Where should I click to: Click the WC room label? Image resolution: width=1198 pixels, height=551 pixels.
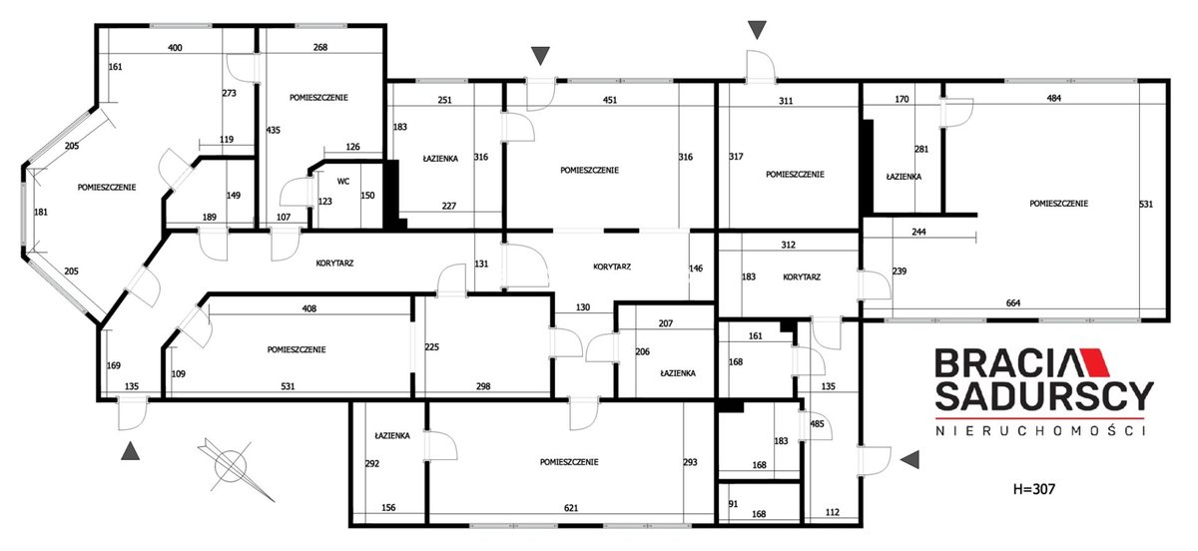tap(343, 182)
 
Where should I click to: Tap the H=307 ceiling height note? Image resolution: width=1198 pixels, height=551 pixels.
tap(1034, 489)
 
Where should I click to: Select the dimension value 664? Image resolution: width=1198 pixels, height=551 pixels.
tap(1013, 302)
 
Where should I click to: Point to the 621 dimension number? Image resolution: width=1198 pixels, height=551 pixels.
tap(571, 508)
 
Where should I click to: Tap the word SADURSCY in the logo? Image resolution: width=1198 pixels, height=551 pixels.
tap(1044, 396)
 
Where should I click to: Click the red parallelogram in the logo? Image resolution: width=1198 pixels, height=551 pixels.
tap(1095, 362)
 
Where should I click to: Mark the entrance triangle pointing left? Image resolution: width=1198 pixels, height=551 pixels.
tap(909, 459)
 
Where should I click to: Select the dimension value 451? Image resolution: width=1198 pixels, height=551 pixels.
tap(610, 100)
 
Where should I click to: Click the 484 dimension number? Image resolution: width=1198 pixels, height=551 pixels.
tap(1053, 98)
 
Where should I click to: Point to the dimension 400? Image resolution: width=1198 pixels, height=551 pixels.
tap(175, 48)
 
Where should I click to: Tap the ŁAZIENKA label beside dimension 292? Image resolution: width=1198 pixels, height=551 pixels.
tap(392, 435)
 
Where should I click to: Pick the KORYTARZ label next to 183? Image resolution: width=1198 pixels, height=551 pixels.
tap(802, 276)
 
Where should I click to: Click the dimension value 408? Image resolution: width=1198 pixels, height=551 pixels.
tap(309, 308)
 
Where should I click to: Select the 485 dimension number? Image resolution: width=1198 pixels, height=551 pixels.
tap(818, 423)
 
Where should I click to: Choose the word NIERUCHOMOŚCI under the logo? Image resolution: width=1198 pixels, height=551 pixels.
tap(1040, 430)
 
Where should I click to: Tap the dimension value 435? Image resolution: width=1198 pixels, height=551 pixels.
tap(274, 130)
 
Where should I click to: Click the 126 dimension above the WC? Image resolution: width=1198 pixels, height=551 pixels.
tap(353, 147)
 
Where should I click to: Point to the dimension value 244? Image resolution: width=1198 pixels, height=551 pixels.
tap(918, 232)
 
